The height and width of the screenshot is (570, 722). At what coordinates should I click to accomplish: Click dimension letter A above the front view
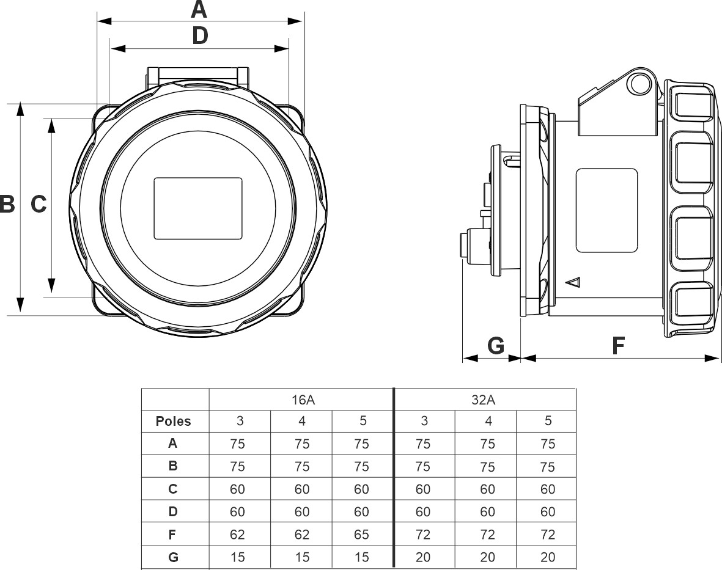point(199,9)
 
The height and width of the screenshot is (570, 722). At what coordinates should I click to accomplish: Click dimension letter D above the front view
point(200,36)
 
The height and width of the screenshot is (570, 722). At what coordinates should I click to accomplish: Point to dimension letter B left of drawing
point(7,204)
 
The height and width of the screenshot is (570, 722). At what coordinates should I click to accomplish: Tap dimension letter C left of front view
point(39,205)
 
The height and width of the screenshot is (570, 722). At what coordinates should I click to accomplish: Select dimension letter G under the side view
point(496,346)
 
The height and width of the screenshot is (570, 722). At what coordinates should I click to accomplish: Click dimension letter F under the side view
point(619,346)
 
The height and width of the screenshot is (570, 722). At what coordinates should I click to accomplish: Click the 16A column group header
point(300,400)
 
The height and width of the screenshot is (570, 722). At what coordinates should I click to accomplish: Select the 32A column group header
point(485,400)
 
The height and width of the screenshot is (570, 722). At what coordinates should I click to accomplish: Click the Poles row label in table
point(174,421)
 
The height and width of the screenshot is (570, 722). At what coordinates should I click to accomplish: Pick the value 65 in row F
point(361,535)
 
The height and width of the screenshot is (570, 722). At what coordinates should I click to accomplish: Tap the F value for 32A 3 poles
point(423,535)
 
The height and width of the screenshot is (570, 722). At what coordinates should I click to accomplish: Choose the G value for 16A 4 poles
point(302,557)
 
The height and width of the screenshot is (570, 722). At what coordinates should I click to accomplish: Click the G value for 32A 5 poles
point(548,557)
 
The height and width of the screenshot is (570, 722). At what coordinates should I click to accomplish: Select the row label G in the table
point(174,557)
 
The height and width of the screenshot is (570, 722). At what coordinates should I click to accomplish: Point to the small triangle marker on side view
point(573,282)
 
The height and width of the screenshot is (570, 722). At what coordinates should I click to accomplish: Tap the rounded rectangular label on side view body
point(607,211)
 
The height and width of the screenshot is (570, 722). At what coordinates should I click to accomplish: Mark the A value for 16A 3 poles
point(237,444)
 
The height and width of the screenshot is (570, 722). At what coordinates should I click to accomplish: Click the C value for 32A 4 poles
point(487,489)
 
